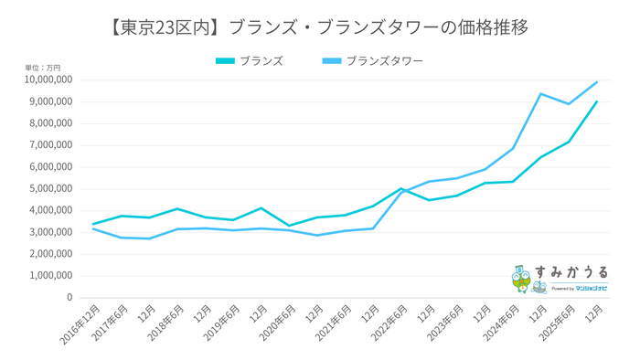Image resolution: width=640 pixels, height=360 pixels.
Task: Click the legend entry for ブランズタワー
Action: [x=383, y=61]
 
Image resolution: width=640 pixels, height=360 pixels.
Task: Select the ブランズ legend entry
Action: [x=261, y=61]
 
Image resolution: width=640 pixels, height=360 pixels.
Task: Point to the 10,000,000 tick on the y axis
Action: [x=45, y=80]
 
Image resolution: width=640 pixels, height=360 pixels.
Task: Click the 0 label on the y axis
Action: [x=69, y=298]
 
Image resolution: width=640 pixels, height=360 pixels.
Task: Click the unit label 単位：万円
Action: [x=43, y=68]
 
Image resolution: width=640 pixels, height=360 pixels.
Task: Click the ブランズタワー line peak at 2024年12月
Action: [x=541, y=93]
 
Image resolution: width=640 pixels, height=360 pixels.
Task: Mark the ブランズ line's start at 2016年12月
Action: [x=93, y=224]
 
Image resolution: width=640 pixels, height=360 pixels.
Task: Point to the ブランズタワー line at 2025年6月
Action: [x=569, y=104]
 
